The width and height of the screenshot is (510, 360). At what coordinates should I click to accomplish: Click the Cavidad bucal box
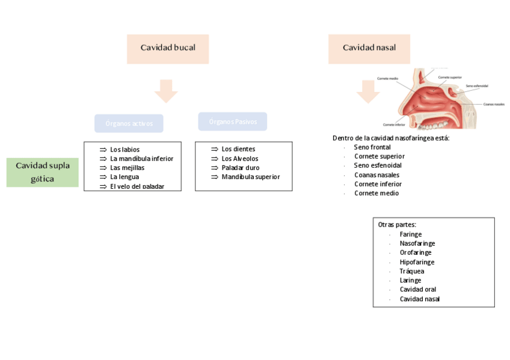tap(168, 48)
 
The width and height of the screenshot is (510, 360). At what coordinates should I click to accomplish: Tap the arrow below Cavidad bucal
tap(166, 91)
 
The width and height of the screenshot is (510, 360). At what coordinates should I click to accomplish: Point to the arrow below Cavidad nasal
tap(367, 91)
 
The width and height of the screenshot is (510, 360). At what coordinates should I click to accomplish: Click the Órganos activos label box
tap(129, 123)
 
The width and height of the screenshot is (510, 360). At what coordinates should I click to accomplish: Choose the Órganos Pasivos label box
tap(233, 121)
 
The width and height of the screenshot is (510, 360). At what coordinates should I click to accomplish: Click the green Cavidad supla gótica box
tap(43, 172)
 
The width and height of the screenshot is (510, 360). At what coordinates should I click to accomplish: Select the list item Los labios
tap(125, 150)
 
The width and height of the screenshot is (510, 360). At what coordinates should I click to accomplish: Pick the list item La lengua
tap(124, 177)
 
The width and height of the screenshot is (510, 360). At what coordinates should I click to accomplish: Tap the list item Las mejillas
tap(127, 168)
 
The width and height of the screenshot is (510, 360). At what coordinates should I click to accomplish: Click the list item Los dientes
tap(238, 149)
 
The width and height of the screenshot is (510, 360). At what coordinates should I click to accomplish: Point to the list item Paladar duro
tap(241, 168)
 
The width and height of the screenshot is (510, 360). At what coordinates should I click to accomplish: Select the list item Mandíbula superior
tap(250, 177)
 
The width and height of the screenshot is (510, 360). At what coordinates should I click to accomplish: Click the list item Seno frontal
tap(372, 147)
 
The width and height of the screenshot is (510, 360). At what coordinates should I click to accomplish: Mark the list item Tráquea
tap(412, 271)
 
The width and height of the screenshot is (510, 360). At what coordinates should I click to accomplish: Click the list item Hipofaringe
tap(417, 262)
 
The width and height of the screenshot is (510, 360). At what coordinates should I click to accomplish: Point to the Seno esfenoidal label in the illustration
tap(477, 86)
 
